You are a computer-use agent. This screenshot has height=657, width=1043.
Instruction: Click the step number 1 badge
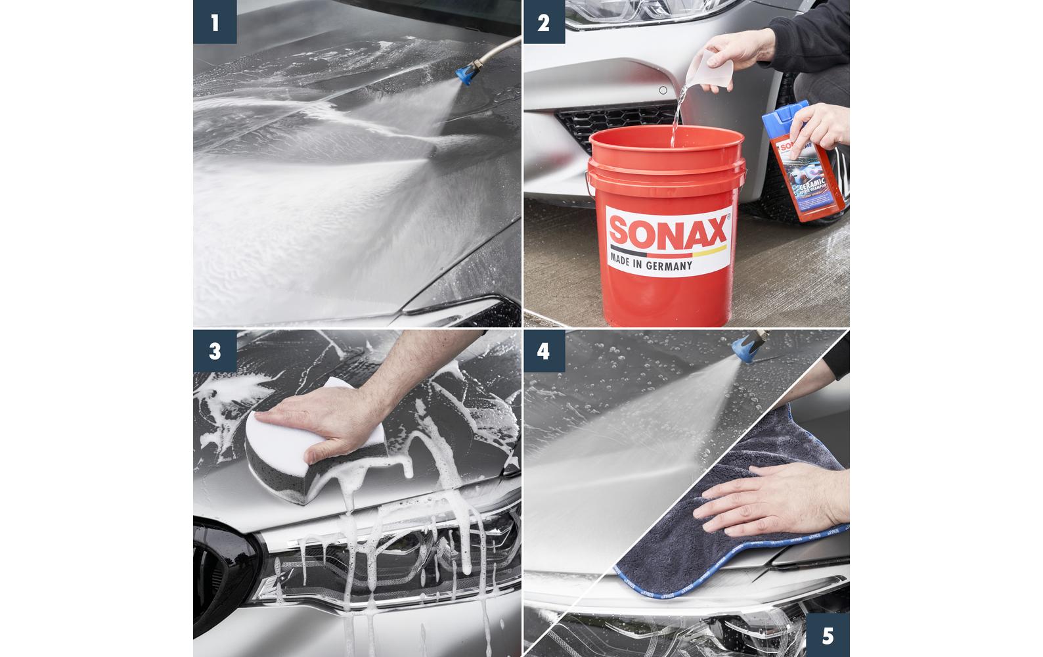(215, 22)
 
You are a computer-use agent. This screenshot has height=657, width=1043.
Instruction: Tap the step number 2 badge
(544, 22)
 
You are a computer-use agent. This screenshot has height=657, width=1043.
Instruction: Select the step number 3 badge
(215, 350)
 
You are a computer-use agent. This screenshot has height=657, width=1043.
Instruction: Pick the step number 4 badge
(544, 350)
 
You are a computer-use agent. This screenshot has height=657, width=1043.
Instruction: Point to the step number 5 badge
(828, 635)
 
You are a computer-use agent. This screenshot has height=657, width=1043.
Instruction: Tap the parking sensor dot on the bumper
(663, 90)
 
